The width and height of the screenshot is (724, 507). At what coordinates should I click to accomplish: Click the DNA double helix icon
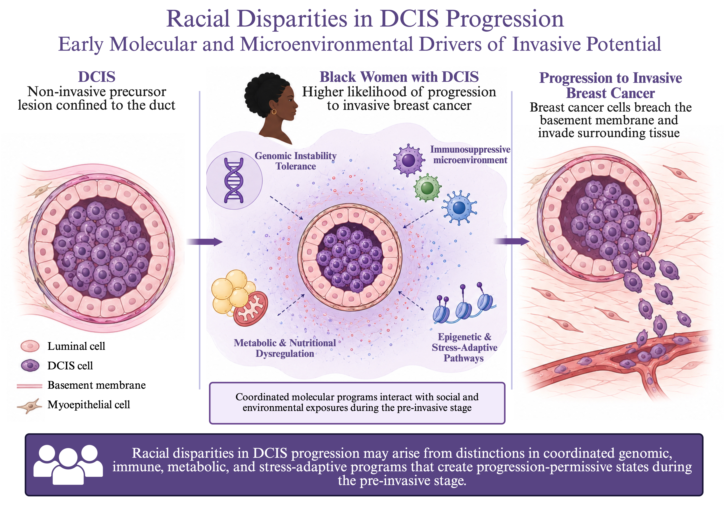pos(234,180)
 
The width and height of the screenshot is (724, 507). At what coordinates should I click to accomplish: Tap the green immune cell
pos(427,188)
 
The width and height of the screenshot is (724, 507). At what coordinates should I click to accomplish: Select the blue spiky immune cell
pos(459,208)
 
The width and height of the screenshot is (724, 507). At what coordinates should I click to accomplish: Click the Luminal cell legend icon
pos(30,346)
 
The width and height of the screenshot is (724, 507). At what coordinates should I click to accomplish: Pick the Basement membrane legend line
pos(29,386)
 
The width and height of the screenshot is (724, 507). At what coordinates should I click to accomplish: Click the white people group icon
pos(68,465)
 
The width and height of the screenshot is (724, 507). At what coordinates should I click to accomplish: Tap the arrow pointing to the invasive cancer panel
pos(511,241)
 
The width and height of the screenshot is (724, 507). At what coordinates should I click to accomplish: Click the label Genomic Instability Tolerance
pos(295,161)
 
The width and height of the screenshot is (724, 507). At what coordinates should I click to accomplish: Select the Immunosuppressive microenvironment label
pos(470,155)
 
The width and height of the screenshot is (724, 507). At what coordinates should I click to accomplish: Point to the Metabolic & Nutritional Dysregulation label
pos(285,348)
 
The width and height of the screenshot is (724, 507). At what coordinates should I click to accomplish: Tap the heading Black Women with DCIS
pos(399,77)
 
